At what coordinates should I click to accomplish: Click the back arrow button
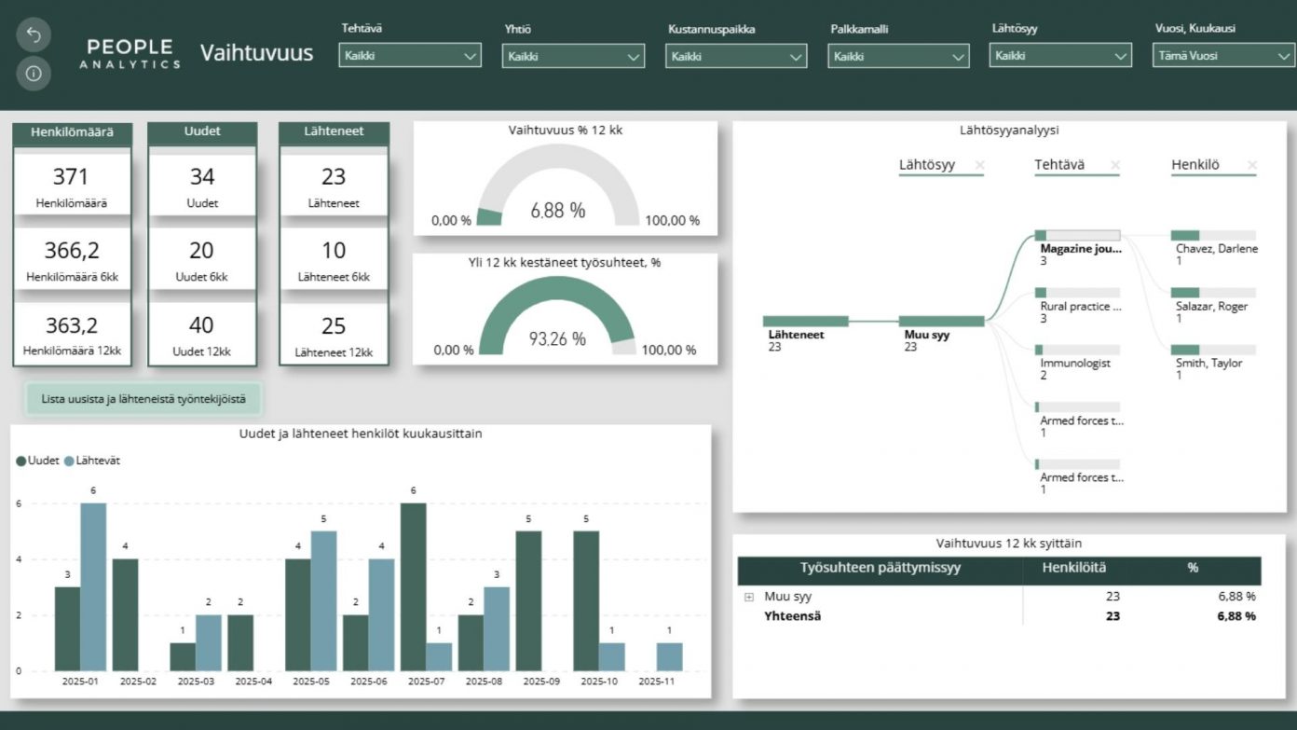pos(34,35)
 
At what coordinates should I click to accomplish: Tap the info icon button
pos(34,73)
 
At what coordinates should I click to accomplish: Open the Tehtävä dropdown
pos(410,56)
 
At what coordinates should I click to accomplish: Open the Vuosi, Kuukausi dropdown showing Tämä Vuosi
pos(1223,56)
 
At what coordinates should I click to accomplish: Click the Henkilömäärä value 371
pos(71,176)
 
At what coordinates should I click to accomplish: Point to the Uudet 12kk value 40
pos(201,325)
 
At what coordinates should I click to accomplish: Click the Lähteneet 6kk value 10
pos(334,251)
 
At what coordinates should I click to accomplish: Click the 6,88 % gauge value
pos(558,211)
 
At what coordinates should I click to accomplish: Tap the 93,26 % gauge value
pos(557,339)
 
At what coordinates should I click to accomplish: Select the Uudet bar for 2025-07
pos(414,586)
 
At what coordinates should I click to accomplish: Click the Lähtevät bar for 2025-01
pos(93,586)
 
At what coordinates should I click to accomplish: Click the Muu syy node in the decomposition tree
pos(942,322)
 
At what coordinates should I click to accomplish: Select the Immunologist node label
pos(1075,363)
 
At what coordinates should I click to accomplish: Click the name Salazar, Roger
pos(1211,306)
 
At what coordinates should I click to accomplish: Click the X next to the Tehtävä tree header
pos(1115,166)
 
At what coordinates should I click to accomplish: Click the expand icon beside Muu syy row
pos(749,597)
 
